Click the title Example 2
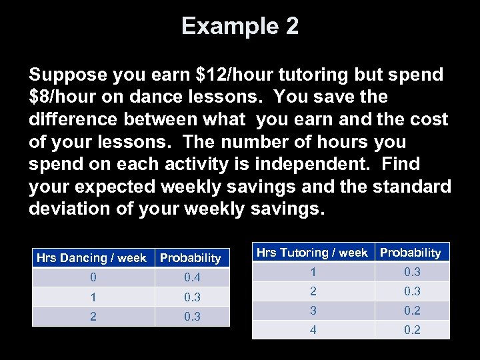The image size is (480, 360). tap(240, 27)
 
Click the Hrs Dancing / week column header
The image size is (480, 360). tap(91, 257)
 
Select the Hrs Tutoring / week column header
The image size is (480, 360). tap(312, 252)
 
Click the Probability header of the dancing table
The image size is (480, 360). tap(190, 257)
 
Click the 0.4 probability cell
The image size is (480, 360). tap(192, 277)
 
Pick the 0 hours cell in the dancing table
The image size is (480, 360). tap(93, 277)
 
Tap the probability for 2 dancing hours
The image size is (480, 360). tap(192, 317)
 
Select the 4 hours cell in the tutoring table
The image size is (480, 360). tap(313, 329)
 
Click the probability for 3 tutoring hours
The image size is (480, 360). tap(412, 310)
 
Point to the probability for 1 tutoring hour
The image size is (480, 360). tap(412, 271)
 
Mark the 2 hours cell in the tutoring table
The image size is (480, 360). tap(313, 291)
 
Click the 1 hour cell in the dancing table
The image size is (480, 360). tap(93, 297)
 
